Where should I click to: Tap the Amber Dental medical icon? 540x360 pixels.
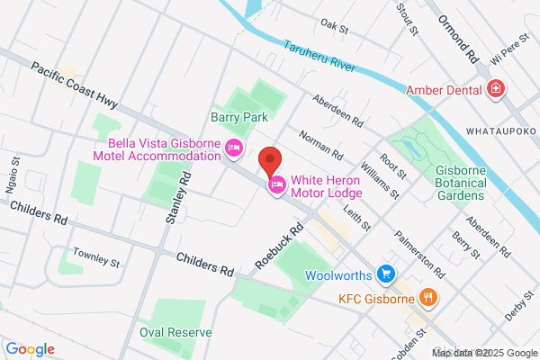(495, 89)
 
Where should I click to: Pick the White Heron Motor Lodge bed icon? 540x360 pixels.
(277, 185)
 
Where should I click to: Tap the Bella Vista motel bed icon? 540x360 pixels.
(234, 148)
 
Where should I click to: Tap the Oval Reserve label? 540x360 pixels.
(175, 332)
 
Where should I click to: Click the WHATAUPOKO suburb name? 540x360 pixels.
(501, 131)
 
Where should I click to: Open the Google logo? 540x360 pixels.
(31, 348)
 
